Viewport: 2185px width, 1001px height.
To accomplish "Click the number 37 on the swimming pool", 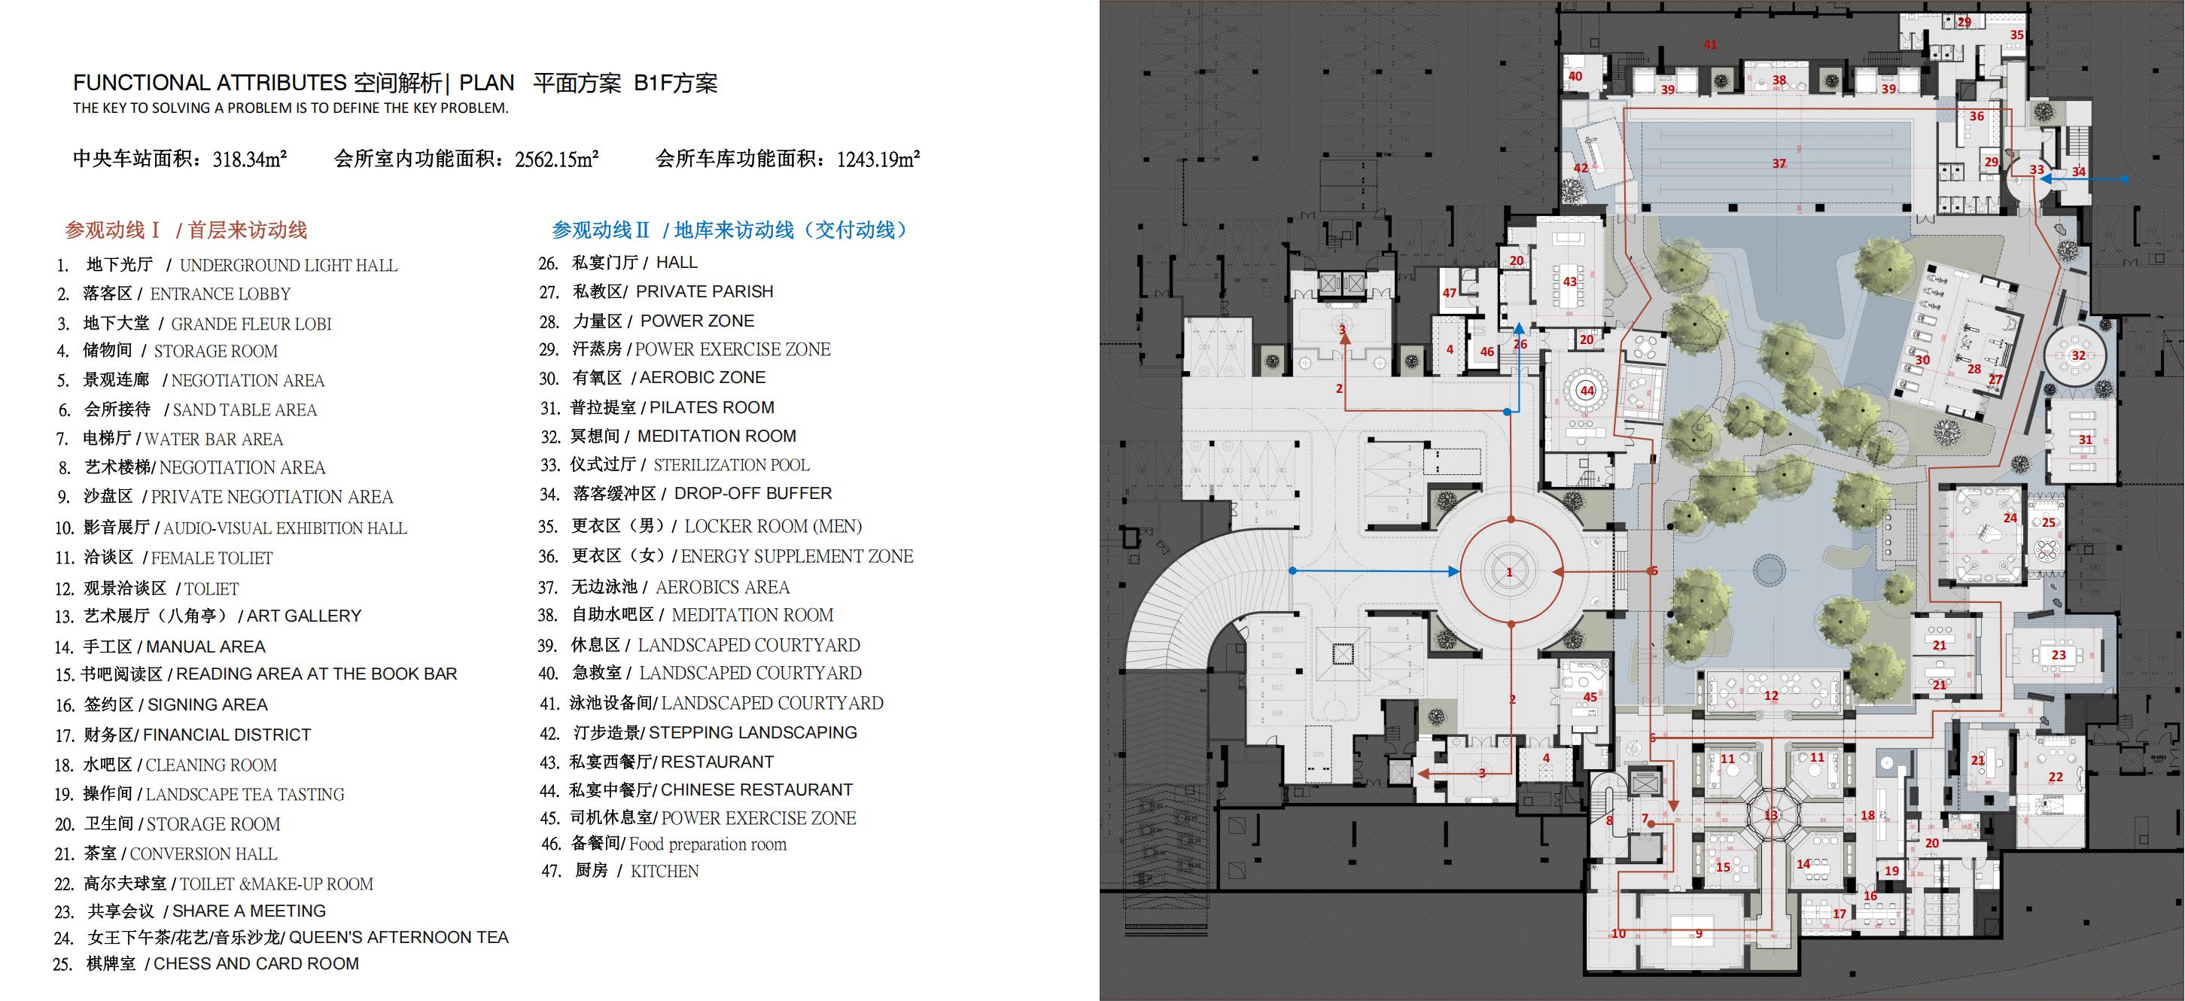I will click(1779, 164).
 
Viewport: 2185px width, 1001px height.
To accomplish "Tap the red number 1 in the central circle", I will click(1509, 573).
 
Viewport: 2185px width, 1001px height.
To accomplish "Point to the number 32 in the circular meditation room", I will click(2078, 355).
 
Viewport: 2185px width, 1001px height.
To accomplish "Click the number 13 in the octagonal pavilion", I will click(1771, 815).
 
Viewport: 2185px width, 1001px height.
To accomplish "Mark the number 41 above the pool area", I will click(1710, 44).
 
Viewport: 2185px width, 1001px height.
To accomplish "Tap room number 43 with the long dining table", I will click(1570, 281).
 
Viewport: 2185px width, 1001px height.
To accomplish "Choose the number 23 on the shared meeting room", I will click(2059, 655).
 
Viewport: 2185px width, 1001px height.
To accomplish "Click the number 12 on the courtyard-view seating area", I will click(1771, 695).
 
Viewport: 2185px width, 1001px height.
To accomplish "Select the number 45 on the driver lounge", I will click(1590, 696).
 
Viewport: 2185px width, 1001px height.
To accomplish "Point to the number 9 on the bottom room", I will click(1698, 934).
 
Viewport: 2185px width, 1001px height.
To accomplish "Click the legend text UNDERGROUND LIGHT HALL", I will click(288, 266).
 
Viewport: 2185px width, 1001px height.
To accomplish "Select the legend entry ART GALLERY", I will click(303, 616).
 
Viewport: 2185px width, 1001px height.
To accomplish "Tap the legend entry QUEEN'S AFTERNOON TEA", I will click(399, 937).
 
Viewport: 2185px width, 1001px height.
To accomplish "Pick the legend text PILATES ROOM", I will click(712, 407).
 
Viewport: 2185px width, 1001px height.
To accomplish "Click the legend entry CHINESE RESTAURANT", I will click(756, 790).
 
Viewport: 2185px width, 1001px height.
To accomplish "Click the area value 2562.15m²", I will click(556, 159).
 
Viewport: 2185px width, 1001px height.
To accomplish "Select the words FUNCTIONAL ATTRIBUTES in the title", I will click(209, 83).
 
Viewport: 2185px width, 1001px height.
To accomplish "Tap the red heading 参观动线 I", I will click(113, 230).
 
